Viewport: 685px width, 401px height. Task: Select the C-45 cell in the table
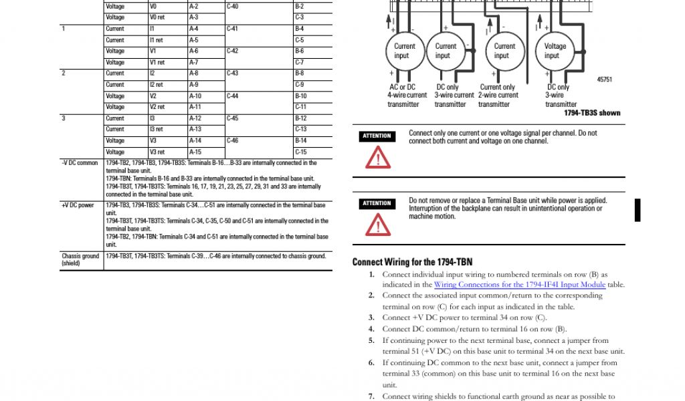[x=232, y=118]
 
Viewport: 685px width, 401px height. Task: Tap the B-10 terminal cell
[x=300, y=96]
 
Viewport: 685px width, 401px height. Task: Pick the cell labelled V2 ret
[x=157, y=107]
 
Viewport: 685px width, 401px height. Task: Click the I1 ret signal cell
[x=156, y=40]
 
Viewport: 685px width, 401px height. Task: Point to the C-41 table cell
[x=232, y=29]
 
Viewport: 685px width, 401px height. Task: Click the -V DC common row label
[x=80, y=163]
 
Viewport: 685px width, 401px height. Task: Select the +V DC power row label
[x=78, y=205]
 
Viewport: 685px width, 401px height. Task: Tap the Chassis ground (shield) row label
[x=80, y=259]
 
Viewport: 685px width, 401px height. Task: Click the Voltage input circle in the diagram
[x=555, y=51]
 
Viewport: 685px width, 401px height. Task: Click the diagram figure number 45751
[x=604, y=80]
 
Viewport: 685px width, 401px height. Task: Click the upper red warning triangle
[x=377, y=158]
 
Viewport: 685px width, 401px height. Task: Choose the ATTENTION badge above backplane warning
[x=377, y=203]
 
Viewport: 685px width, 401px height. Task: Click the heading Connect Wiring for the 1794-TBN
[x=412, y=262]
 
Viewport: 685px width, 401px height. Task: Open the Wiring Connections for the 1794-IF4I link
[x=520, y=285]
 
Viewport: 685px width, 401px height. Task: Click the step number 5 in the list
[x=371, y=340]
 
